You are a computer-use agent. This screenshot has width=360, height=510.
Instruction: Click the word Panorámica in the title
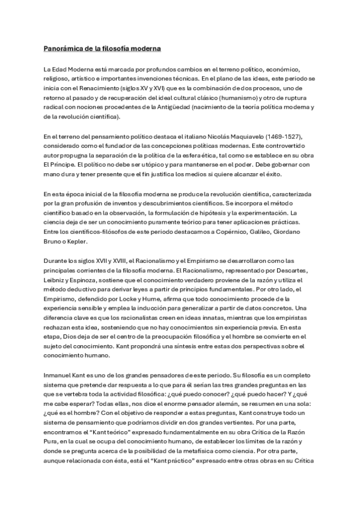(x=64, y=48)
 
